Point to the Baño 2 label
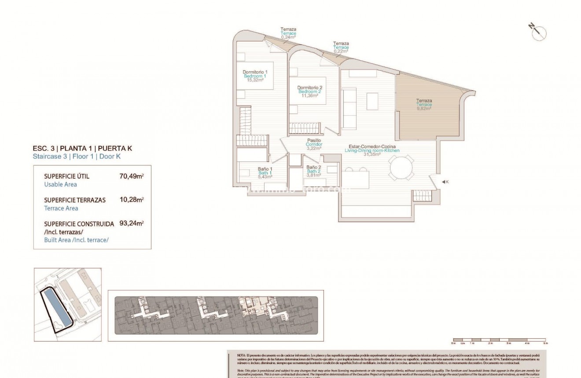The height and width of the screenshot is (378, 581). (x=314, y=168)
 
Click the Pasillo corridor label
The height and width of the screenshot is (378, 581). (x=314, y=140)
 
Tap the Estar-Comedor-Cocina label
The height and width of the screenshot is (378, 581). (x=372, y=147)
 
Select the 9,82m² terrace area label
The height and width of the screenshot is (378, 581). (x=424, y=108)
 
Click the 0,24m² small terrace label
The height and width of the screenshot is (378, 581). (x=288, y=37)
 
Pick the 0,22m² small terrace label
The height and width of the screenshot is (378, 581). (x=341, y=51)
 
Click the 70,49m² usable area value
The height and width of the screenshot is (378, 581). (x=132, y=176)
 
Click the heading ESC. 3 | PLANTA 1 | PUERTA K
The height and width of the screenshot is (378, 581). (x=82, y=148)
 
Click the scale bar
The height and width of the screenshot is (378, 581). (x=499, y=342)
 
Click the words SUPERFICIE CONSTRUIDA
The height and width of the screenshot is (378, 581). (x=79, y=224)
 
